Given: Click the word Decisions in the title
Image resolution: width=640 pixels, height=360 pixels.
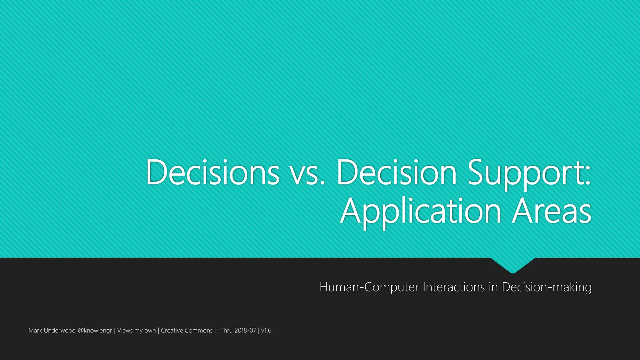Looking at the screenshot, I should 212,172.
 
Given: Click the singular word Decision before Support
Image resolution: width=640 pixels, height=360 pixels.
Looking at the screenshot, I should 397,172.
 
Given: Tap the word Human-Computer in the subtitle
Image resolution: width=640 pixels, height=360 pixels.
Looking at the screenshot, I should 369,287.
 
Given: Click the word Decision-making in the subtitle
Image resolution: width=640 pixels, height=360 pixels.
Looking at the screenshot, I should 547,287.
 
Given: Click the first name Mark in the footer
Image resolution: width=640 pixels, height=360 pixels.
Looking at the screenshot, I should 35,330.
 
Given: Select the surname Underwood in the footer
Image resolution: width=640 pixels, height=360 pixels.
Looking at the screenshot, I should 60,330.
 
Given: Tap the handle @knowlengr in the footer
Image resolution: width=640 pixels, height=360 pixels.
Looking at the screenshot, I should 95,331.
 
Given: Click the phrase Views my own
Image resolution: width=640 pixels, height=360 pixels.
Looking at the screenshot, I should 136,331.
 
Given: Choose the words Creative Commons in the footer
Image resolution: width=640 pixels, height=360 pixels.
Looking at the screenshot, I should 187,330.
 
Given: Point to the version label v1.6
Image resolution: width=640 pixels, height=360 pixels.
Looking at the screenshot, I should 266,330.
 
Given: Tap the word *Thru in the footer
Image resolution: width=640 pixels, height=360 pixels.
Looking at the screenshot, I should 225,330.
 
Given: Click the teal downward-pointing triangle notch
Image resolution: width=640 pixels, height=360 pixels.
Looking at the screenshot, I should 513,264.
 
